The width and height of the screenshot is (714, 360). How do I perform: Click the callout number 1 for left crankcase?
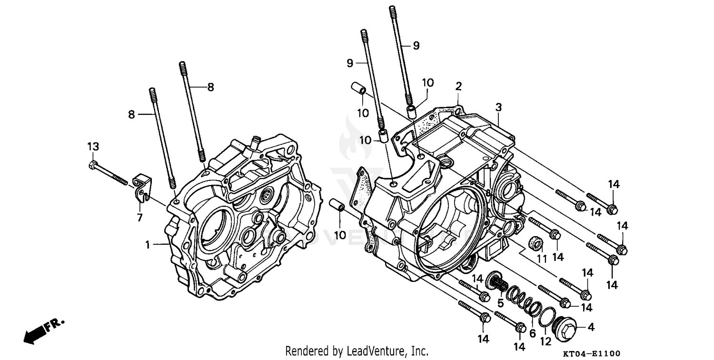pos(148,245)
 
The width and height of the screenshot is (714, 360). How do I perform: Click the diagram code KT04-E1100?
pos(592,353)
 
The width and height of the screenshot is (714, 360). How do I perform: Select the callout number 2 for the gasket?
pos(458,86)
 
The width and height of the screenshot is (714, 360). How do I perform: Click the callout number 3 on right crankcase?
pos(498,108)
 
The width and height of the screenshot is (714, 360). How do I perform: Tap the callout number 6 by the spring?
pos(532,333)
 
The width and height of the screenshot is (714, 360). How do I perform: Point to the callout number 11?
pos(541,260)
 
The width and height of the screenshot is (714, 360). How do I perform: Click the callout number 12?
pos(545,341)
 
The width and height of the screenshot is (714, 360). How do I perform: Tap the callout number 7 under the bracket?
pos(139,218)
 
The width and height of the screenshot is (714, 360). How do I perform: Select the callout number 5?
pos(500,303)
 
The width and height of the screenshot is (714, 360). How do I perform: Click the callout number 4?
pos(591,327)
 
